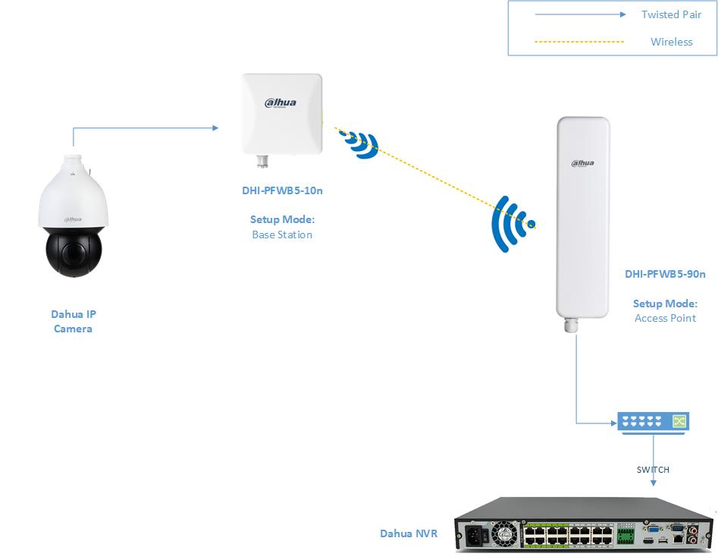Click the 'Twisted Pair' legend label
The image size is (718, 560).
pyautogui.click(x=671, y=14)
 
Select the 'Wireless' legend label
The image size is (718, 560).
pyautogui.click(x=671, y=42)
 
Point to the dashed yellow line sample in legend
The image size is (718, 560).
pyautogui.click(x=579, y=42)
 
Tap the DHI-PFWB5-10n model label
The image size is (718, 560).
pyautogui.click(x=282, y=190)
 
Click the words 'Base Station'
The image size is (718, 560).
pyautogui.click(x=282, y=234)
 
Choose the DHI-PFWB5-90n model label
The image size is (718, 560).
pyautogui.click(x=665, y=274)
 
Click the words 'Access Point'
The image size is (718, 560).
pyautogui.click(x=665, y=318)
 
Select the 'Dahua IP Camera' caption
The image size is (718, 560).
pyautogui.click(x=73, y=322)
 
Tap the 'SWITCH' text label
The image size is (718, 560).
pyautogui.click(x=653, y=470)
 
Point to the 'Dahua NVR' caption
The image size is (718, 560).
pyautogui.click(x=409, y=533)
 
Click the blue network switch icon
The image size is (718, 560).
pyautogui.click(x=653, y=423)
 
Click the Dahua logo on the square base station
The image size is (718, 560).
pyautogui.click(x=280, y=103)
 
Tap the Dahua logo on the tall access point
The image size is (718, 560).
pyautogui.click(x=582, y=162)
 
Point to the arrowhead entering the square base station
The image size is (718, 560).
pyautogui.click(x=215, y=128)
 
